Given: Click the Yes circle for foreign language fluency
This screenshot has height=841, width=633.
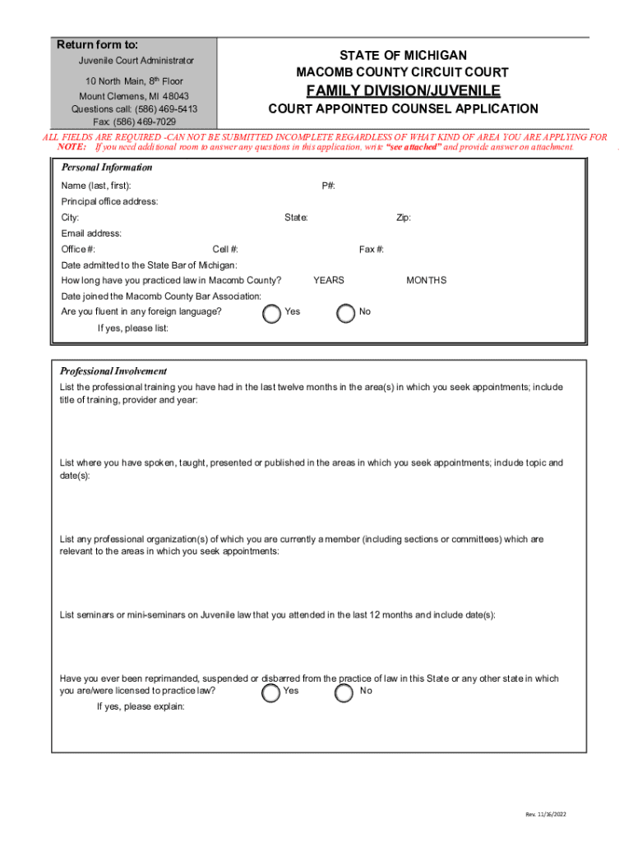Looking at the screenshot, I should click(x=271, y=314).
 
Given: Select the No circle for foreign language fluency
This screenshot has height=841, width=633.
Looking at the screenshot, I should click(x=347, y=314).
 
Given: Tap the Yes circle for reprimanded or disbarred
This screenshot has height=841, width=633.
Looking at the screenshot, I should click(x=270, y=693).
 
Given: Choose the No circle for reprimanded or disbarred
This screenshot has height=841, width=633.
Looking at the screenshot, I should click(x=344, y=693).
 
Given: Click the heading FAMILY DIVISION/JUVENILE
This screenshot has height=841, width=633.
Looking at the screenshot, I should click(x=403, y=90).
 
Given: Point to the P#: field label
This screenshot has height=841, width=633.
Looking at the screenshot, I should click(x=328, y=186).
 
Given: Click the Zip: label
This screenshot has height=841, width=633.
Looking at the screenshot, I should click(x=404, y=218).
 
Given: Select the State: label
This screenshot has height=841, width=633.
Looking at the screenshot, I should click(x=296, y=218).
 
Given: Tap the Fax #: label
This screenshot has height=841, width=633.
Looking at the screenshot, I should click(x=372, y=249).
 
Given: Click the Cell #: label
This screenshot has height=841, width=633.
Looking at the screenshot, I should click(x=225, y=249).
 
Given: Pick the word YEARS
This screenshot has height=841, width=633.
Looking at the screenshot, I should click(x=329, y=280).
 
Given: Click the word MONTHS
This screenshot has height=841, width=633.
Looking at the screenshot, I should click(x=426, y=280).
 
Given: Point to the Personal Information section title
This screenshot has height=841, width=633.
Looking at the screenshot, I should click(x=107, y=168).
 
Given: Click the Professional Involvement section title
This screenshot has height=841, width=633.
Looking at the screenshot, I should click(x=113, y=371).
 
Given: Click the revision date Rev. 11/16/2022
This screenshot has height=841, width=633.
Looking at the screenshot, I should click(x=546, y=814).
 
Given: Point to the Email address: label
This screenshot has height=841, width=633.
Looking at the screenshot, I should click(x=91, y=233).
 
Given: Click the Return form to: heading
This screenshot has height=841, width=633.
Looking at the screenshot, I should click(x=97, y=44).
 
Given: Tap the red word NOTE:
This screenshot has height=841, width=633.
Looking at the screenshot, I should click(x=72, y=147).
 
